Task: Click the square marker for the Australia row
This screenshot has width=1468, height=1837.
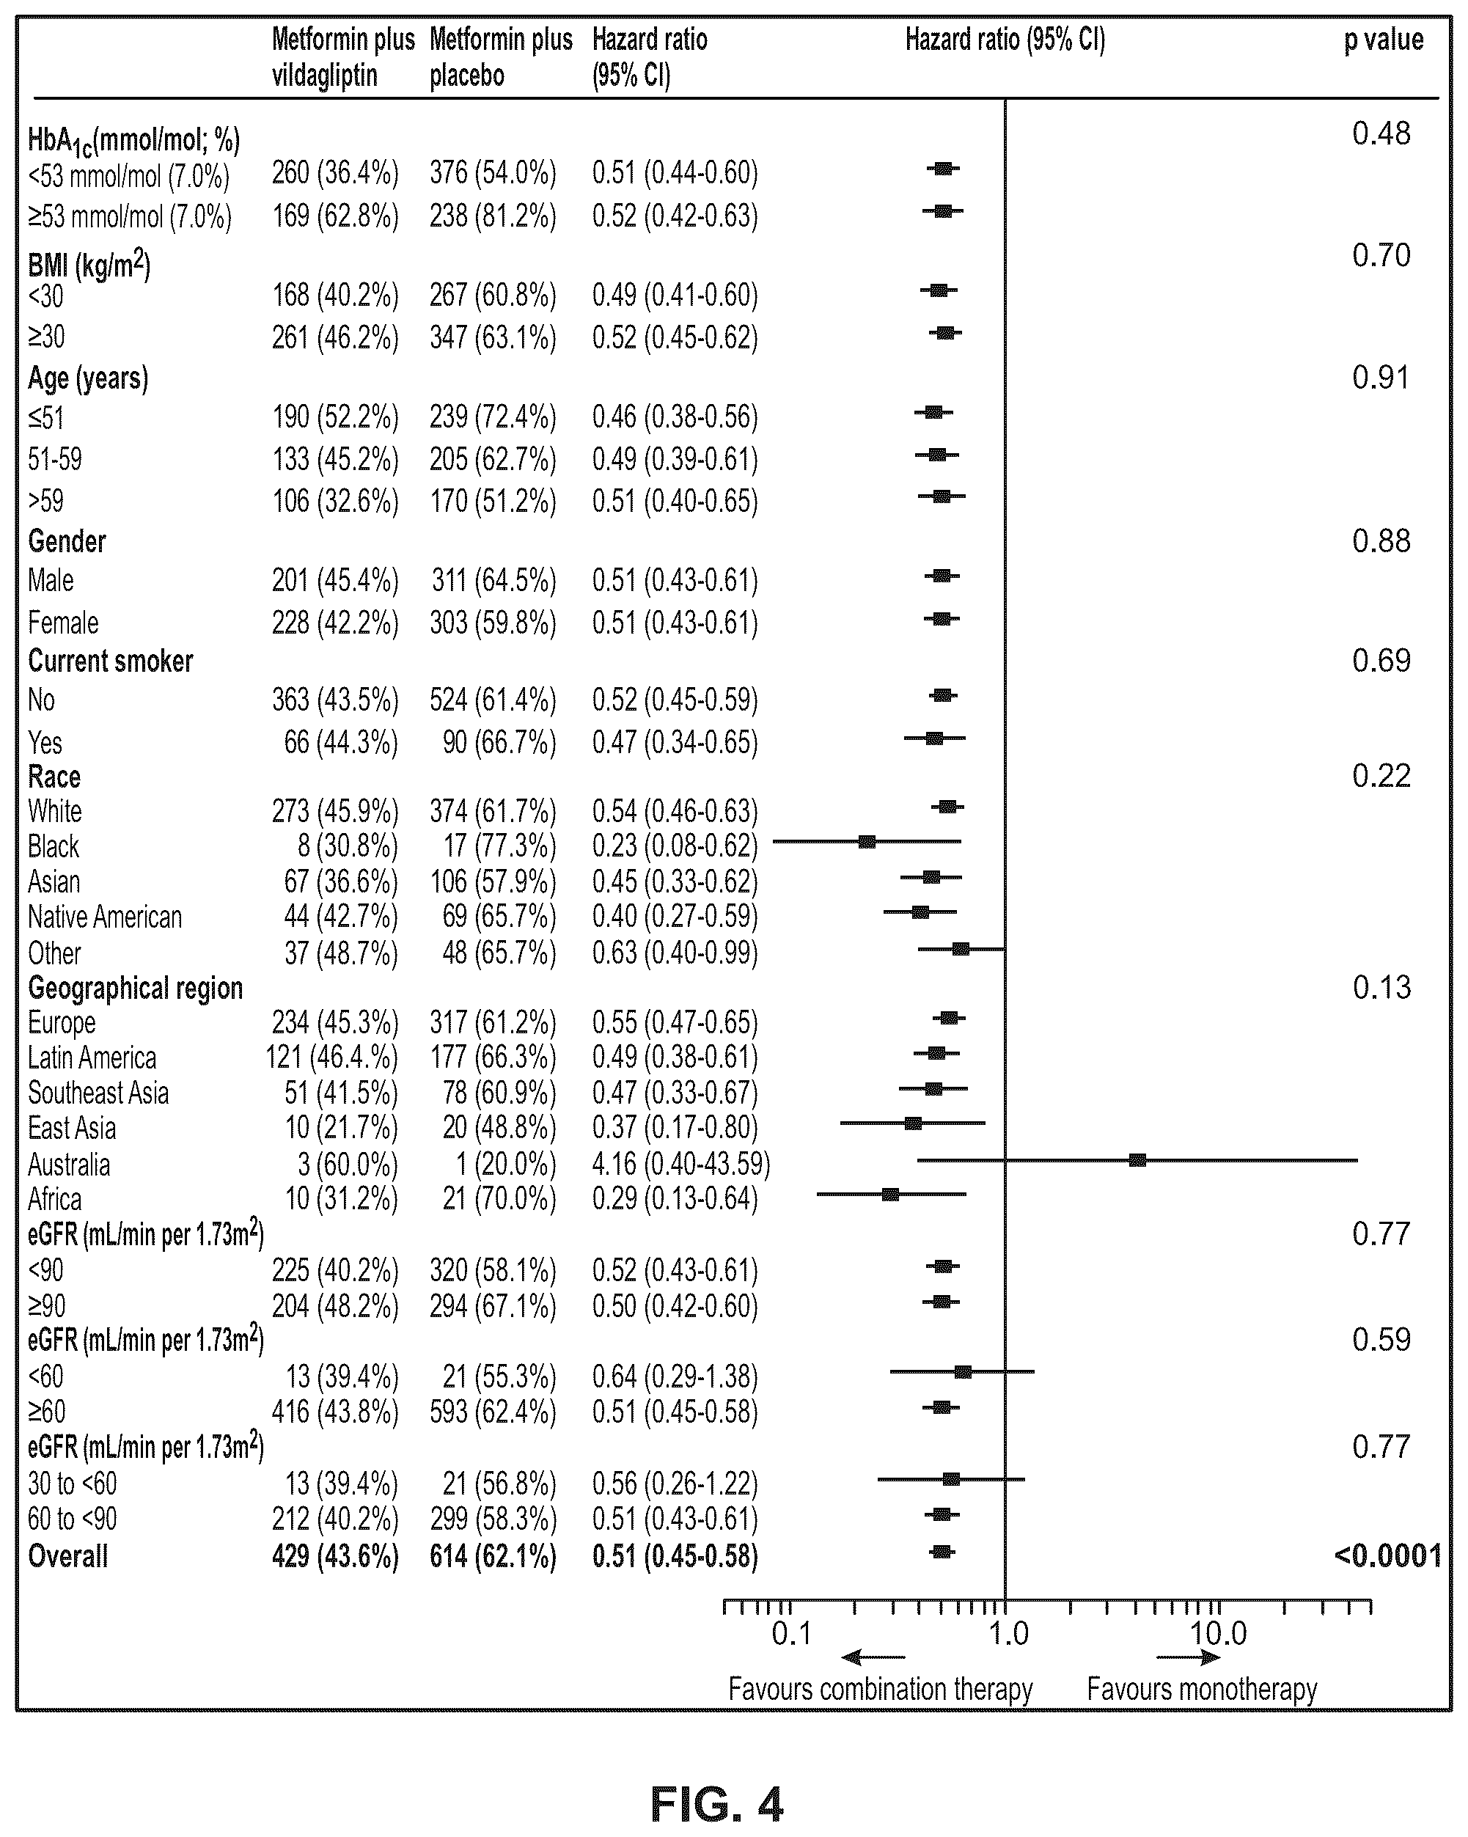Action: (1137, 1159)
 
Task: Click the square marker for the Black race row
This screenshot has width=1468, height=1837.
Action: (867, 842)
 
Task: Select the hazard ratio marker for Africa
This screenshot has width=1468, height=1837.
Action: (890, 1194)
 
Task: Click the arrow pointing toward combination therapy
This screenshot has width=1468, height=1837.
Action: (873, 1657)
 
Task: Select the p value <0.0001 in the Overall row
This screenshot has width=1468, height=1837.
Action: (1388, 1556)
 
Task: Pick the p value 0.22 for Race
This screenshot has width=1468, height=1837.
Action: (1381, 775)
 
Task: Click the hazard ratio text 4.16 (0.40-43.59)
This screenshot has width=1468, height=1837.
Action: (680, 1163)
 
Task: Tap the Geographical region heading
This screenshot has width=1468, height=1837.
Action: (136, 988)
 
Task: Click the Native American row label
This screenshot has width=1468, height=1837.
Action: (105, 917)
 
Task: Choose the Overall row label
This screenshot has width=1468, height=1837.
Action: (68, 1556)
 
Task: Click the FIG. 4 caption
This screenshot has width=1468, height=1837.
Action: (716, 1803)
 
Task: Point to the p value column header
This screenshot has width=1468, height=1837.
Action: (1384, 40)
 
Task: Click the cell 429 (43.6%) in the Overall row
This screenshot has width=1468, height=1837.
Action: (335, 1556)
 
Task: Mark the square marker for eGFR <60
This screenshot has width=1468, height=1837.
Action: (963, 1371)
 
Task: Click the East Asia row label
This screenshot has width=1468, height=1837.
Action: (72, 1127)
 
